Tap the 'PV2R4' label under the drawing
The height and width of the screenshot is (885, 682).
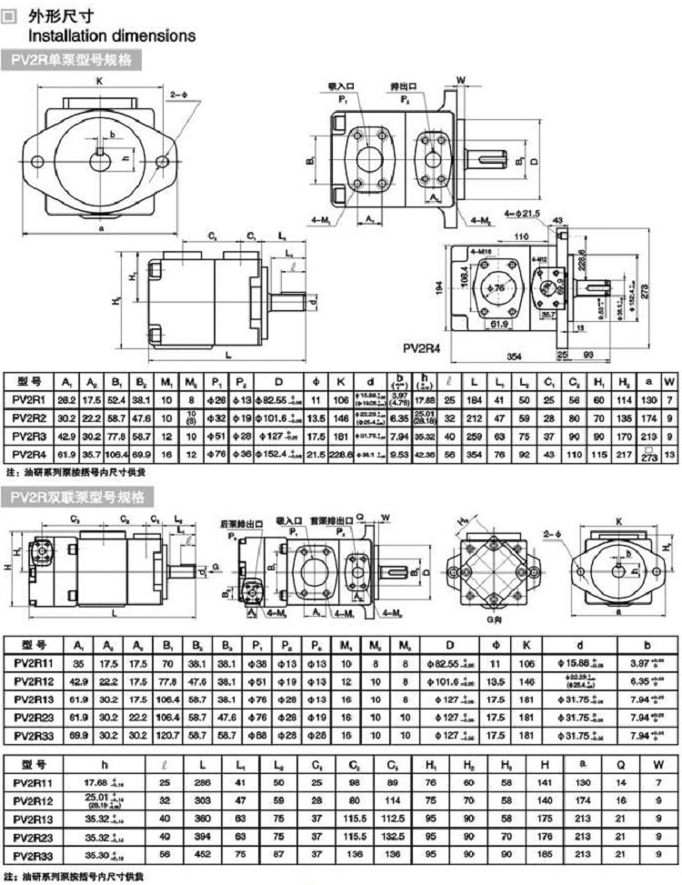point(422,347)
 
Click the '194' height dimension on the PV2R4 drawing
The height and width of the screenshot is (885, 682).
point(440,287)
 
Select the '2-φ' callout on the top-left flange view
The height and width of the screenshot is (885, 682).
point(178,93)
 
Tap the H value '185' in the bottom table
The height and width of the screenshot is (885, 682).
point(544,854)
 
